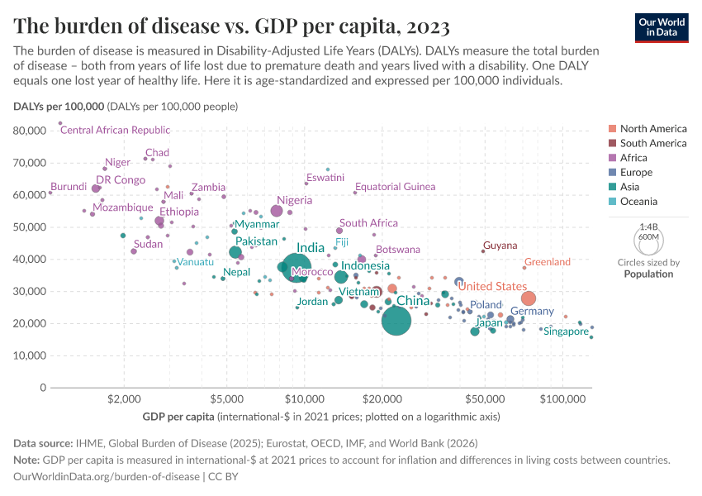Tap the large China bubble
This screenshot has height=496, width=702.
(396, 320)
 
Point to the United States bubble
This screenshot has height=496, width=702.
(529, 298)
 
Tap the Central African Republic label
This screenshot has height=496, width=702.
(116, 130)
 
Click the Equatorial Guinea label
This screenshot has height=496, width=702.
(395, 187)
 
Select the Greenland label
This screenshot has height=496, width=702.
(548, 262)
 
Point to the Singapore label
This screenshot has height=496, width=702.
(567, 331)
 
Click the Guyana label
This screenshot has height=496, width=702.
(500, 246)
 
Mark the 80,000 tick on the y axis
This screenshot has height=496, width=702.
(31, 131)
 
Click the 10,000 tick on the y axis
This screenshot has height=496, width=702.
(31, 355)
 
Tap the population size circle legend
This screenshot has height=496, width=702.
(649, 241)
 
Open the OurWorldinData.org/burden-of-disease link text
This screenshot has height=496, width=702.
(107, 476)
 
